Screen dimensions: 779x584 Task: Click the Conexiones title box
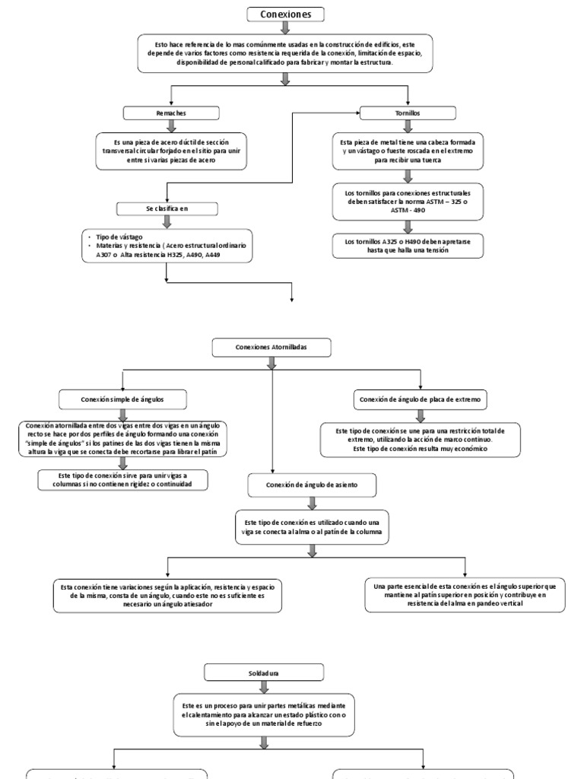tap(286, 14)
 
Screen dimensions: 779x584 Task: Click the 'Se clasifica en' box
tap(167, 208)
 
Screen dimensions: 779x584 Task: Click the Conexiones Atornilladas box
tap(271, 348)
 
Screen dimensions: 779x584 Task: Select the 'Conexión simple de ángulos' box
tap(122, 399)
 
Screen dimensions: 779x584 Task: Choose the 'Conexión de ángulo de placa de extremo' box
tap(420, 399)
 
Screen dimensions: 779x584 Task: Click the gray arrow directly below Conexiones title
tap(286, 28)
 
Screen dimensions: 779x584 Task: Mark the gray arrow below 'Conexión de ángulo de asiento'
tap(311, 502)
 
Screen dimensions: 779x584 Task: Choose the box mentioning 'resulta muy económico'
tap(420, 440)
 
